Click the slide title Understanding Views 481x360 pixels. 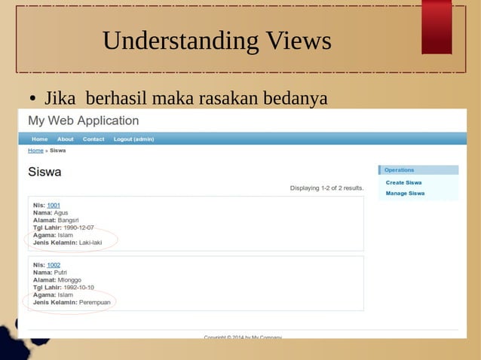pos(216,41)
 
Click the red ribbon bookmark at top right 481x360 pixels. pos(437,27)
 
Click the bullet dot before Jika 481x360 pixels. pos(33,99)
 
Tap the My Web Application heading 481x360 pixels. pos(83,121)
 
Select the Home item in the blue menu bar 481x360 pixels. pos(40,139)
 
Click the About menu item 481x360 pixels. pos(66,139)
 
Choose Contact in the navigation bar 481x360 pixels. pos(93,139)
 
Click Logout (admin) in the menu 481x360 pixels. pos(133,139)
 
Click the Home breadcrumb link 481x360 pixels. pos(35,151)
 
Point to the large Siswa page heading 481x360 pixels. pos(44,172)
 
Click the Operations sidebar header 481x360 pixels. pos(400,170)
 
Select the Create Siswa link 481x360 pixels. pos(403,182)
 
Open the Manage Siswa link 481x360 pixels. pos(405,194)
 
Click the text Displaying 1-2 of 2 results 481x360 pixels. pos(326,188)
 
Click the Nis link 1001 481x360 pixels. pos(54,205)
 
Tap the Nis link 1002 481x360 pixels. pos(54,265)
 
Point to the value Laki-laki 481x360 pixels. pos(90,243)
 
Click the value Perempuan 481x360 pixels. pos(95,303)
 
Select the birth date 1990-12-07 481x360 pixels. pos(79,227)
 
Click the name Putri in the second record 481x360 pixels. pos(62,273)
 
